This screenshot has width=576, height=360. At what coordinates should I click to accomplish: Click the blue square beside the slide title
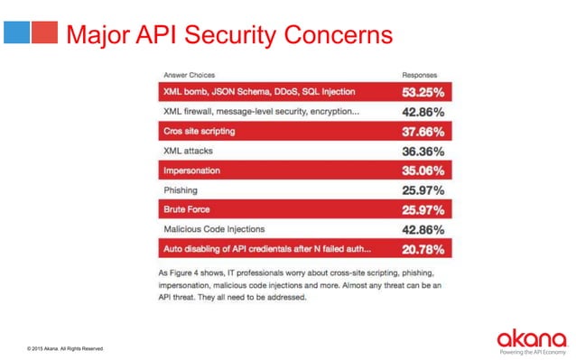click(x=17, y=33)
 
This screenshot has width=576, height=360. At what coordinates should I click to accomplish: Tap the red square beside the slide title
click(x=43, y=33)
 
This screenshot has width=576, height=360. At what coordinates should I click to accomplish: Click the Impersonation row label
click(x=191, y=171)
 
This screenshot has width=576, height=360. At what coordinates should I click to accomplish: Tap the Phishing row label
click(x=181, y=190)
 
